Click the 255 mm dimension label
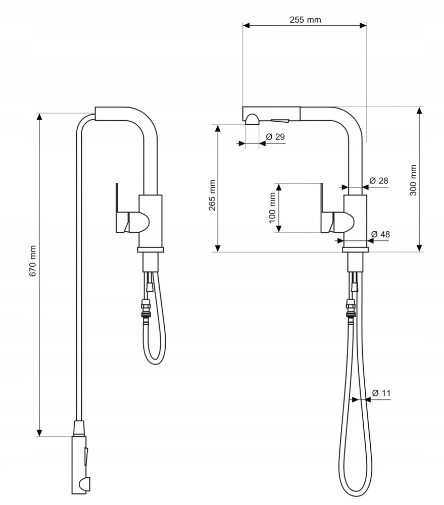click(305, 20)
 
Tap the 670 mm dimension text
click(32, 261)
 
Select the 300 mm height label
click(413, 180)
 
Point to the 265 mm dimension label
click(212, 195)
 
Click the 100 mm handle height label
click(272, 208)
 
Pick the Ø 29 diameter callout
click(275, 136)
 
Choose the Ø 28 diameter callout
click(379, 181)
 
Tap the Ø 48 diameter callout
click(380, 234)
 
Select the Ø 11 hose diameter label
click(381, 393)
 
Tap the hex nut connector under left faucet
click(145, 308)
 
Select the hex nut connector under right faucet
click(351, 308)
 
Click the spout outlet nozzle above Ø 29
click(252, 119)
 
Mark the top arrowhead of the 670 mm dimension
click(39, 117)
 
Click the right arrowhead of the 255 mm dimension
click(363, 25)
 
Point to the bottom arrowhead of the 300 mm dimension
click(419, 248)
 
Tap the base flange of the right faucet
click(356, 250)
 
